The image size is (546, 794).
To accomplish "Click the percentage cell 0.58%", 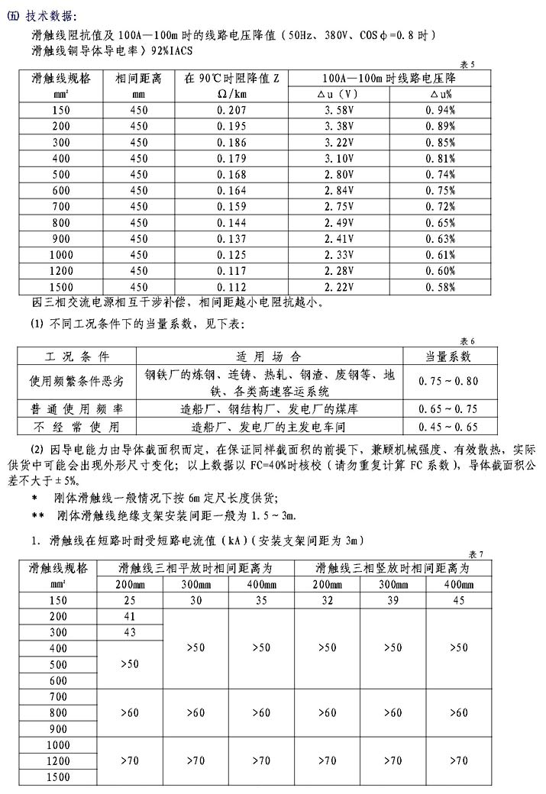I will point(441,287).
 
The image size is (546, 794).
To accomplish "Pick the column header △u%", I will point(441,95).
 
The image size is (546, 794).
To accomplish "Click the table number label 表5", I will point(467,65).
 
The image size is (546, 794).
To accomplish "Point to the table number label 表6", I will point(467,341).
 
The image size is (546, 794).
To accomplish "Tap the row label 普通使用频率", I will point(75,408).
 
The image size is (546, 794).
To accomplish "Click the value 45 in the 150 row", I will point(458,600).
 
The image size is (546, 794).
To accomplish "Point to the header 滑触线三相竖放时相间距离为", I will point(393,569).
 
